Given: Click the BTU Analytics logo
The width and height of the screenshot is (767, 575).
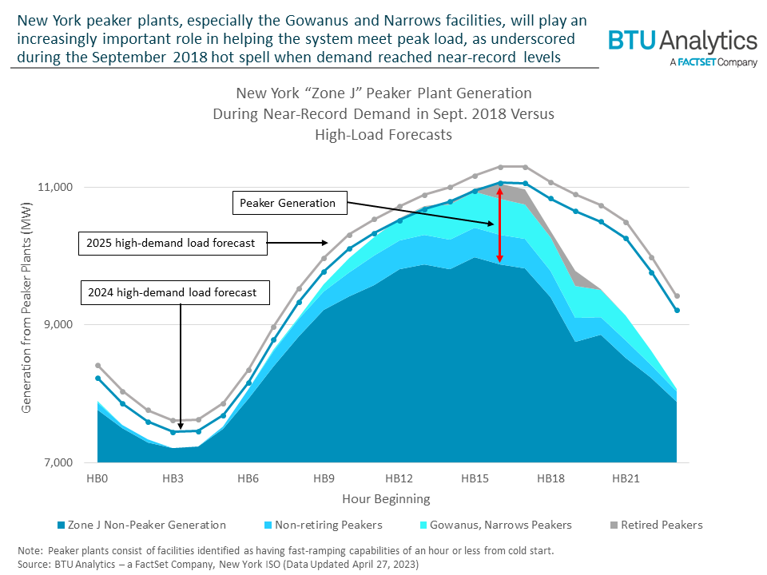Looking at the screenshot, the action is tap(683, 47).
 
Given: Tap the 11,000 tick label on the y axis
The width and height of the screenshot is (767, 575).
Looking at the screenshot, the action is tap(55, 187).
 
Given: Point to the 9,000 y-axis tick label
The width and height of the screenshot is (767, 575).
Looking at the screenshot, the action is tap(58, 324).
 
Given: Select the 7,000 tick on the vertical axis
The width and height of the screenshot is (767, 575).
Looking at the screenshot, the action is tap(58, 462).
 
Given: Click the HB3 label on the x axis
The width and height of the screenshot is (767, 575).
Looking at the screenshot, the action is tap(173, 478).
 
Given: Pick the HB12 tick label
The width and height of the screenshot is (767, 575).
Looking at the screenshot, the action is tap(399, 478).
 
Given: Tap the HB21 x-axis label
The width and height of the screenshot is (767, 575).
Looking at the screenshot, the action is tap(626, 478).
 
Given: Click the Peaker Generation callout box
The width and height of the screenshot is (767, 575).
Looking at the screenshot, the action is tap(289, 203).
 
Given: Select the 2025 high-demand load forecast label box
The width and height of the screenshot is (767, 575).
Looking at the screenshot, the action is tap(173, 243).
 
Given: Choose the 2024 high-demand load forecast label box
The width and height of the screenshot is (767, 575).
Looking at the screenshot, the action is tap(175, 292).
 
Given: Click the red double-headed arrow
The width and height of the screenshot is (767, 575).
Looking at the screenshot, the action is tap(499, 225).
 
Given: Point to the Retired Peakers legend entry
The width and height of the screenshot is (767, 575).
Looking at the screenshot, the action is tap(657, 525).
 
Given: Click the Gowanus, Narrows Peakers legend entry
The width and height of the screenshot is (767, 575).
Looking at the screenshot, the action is tap(496, 525).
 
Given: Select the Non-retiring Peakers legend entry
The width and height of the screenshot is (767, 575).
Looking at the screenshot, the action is tap(324, 525).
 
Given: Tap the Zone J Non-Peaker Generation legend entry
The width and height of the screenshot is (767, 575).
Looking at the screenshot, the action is tap(142, 525).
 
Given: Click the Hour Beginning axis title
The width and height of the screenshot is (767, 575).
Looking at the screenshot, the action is tap(386, 498).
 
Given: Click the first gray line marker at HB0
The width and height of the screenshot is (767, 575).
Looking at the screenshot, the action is tap(97, 365).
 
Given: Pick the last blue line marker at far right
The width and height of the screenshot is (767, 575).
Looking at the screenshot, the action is tap(677, 310).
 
